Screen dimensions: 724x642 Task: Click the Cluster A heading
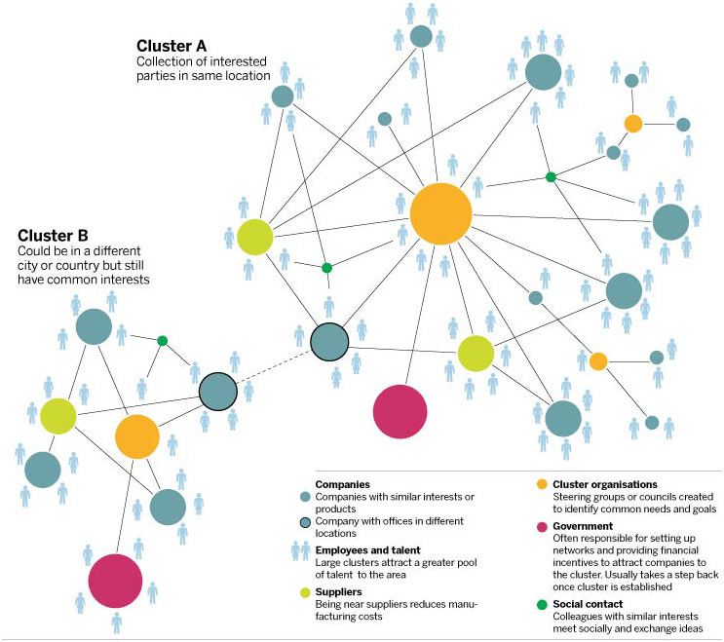(171, 46)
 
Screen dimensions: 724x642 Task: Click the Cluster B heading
(53, 236)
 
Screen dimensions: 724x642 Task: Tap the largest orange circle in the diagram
(441, 213)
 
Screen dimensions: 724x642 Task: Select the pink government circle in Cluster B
(115, 581)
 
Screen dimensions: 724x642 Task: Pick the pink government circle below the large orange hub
(400, 412)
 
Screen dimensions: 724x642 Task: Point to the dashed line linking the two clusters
(274, 367)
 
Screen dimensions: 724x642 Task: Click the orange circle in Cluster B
(137, 436)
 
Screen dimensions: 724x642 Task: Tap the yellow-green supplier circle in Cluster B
(58, 416)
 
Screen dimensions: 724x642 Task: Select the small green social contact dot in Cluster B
(162, 341)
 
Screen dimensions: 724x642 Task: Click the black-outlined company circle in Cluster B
(218, 392)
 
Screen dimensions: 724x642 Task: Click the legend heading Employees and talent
(367, 550)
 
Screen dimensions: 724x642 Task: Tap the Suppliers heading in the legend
(338, 591)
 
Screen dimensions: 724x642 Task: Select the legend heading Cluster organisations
(605, 484)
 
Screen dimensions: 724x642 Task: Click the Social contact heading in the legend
(588, 604)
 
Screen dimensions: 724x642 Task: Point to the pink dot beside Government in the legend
(542, 527)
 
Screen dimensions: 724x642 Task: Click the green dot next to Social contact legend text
(542, 605)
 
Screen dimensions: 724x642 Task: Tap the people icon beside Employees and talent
(300, 550)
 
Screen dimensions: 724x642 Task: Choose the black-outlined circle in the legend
(305, 522)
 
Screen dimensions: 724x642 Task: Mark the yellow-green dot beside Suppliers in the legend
(305, 592)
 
